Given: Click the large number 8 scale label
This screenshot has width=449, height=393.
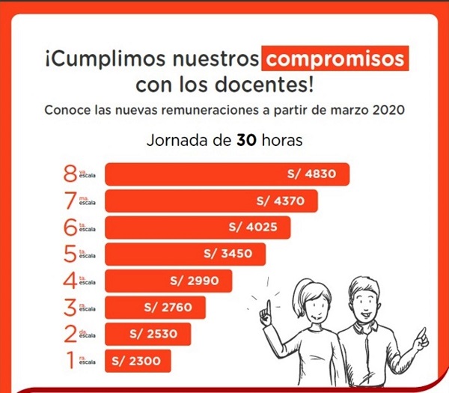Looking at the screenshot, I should [x=70, y=174].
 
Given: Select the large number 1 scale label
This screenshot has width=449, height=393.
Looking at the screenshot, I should [x=70, y=360].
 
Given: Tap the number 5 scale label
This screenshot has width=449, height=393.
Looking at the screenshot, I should [x=70, y=254].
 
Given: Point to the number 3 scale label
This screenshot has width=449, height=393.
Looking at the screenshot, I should [x=70, y=307].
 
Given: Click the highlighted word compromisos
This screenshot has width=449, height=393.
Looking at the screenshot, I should [x=335, y=58].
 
